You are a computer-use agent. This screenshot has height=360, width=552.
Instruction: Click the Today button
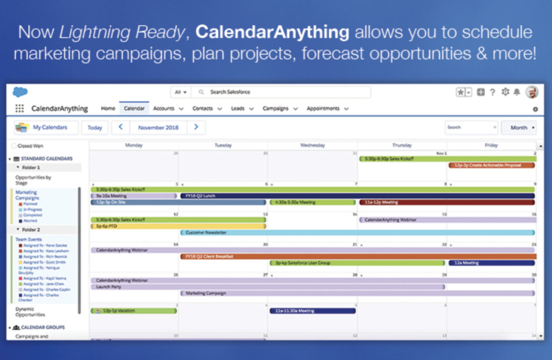pos(95,128)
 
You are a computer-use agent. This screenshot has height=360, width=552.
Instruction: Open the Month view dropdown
pos(519,128)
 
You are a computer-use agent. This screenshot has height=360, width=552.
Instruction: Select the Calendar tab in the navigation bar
pos(134,108)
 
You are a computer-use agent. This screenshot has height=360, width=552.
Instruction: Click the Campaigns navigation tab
pos(275,108)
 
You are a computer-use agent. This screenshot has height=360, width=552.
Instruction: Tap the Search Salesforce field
pos(280,92)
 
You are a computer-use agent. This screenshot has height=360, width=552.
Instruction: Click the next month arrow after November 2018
pos(196,127)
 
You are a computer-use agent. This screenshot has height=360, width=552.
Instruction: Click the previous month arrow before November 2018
pos(120,127)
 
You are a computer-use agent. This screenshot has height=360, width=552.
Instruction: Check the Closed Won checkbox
pos(14,146)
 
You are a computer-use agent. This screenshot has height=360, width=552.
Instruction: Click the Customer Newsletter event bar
pos(356,233)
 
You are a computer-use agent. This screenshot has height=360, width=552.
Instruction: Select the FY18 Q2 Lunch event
pos(356,196)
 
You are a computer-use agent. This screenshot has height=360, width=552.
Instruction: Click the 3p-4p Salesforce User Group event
pos(357,263)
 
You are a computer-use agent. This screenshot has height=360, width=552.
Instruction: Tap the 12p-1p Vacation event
pos(134,311)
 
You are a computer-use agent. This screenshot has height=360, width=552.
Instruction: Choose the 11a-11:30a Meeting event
pos(313,311)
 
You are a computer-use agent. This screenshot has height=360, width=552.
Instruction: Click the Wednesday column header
pos(313,146)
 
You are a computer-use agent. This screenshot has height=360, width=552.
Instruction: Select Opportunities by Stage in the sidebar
pos(33,180)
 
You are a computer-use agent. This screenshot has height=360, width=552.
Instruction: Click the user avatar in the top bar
pos(532,92)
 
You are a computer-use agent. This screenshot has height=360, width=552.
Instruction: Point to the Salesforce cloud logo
pos(20,92)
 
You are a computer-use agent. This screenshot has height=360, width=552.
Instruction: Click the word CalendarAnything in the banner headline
pos(272,32)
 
